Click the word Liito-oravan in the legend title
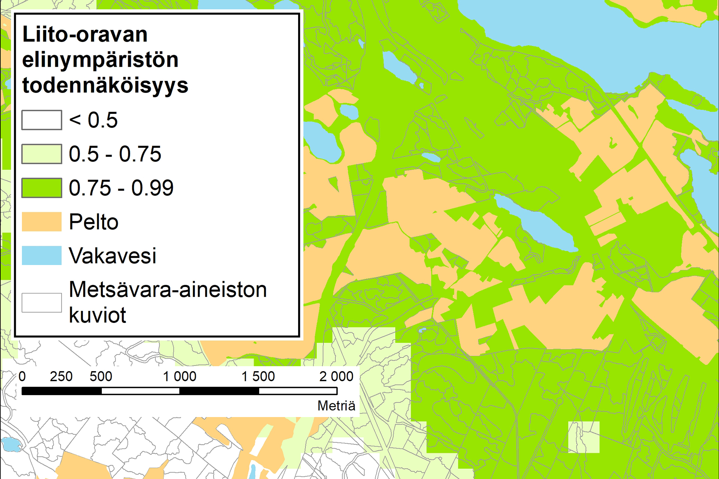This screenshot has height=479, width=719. coord(85,34)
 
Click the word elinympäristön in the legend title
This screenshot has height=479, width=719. coord(100,60)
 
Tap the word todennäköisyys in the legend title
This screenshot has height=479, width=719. coord(105,85)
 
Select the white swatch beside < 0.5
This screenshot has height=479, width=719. coord(42,120)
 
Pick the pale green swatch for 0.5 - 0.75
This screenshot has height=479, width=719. coord(42,154)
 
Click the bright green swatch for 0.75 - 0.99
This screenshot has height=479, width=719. coord(42,188)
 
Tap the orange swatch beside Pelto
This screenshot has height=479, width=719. coord(42,222)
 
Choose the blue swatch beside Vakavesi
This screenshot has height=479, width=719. coord(42,255)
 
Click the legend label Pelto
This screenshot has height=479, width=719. coord(94,222)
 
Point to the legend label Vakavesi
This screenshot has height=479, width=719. coord(112,256)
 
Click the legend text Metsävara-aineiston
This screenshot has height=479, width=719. coord(168,289)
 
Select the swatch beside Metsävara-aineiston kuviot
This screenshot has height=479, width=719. coord(42,302)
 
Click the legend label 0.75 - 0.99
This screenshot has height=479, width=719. coord(121,188)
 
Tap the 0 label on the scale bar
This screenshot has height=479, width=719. coord(22,376)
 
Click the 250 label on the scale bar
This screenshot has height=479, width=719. coord(61,376)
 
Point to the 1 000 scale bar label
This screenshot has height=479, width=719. coord(179,376)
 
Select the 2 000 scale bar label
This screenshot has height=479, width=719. coord(336,376)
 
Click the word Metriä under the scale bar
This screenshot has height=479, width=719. coord(336,406)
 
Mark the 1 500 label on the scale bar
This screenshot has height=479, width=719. coord(258,376)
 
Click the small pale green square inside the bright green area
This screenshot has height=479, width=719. coord(584,437)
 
